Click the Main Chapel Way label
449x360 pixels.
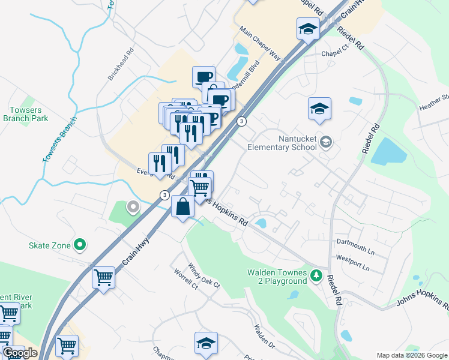[260, 43]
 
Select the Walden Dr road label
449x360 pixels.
[264, 337]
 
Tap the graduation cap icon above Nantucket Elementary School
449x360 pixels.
[319, 109]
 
